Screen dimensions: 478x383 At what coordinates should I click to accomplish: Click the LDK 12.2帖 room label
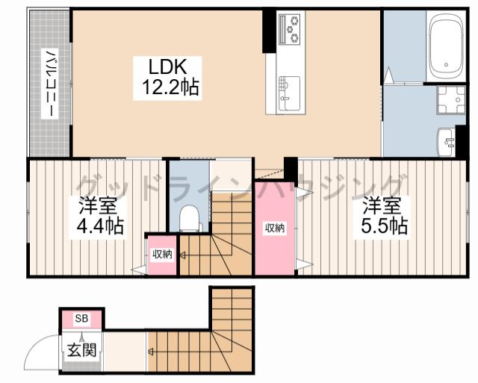pos(167,78)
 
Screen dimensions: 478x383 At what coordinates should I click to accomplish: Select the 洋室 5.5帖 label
pos(382,215)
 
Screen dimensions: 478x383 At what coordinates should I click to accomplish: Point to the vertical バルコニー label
pos(50,84)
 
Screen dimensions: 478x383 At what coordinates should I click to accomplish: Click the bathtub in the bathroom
pos(445,46)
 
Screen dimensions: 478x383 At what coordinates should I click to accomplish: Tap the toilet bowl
pos(189,218)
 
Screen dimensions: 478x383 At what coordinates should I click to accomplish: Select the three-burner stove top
pos(291,29)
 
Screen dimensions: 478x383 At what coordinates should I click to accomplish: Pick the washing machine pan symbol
pos(451,99)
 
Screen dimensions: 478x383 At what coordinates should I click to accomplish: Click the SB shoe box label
pos(81,319)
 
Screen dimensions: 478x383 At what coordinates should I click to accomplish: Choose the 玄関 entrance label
pos(81,350)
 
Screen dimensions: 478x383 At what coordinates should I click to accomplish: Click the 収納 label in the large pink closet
pos(274,228)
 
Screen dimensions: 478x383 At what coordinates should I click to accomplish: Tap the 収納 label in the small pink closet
pos(163,255)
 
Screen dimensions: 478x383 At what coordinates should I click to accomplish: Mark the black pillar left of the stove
pos(269,31)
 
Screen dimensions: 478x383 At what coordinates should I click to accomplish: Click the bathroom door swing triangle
pos(389,75)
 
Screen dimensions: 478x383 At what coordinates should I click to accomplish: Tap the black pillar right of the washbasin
pos(461,142)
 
